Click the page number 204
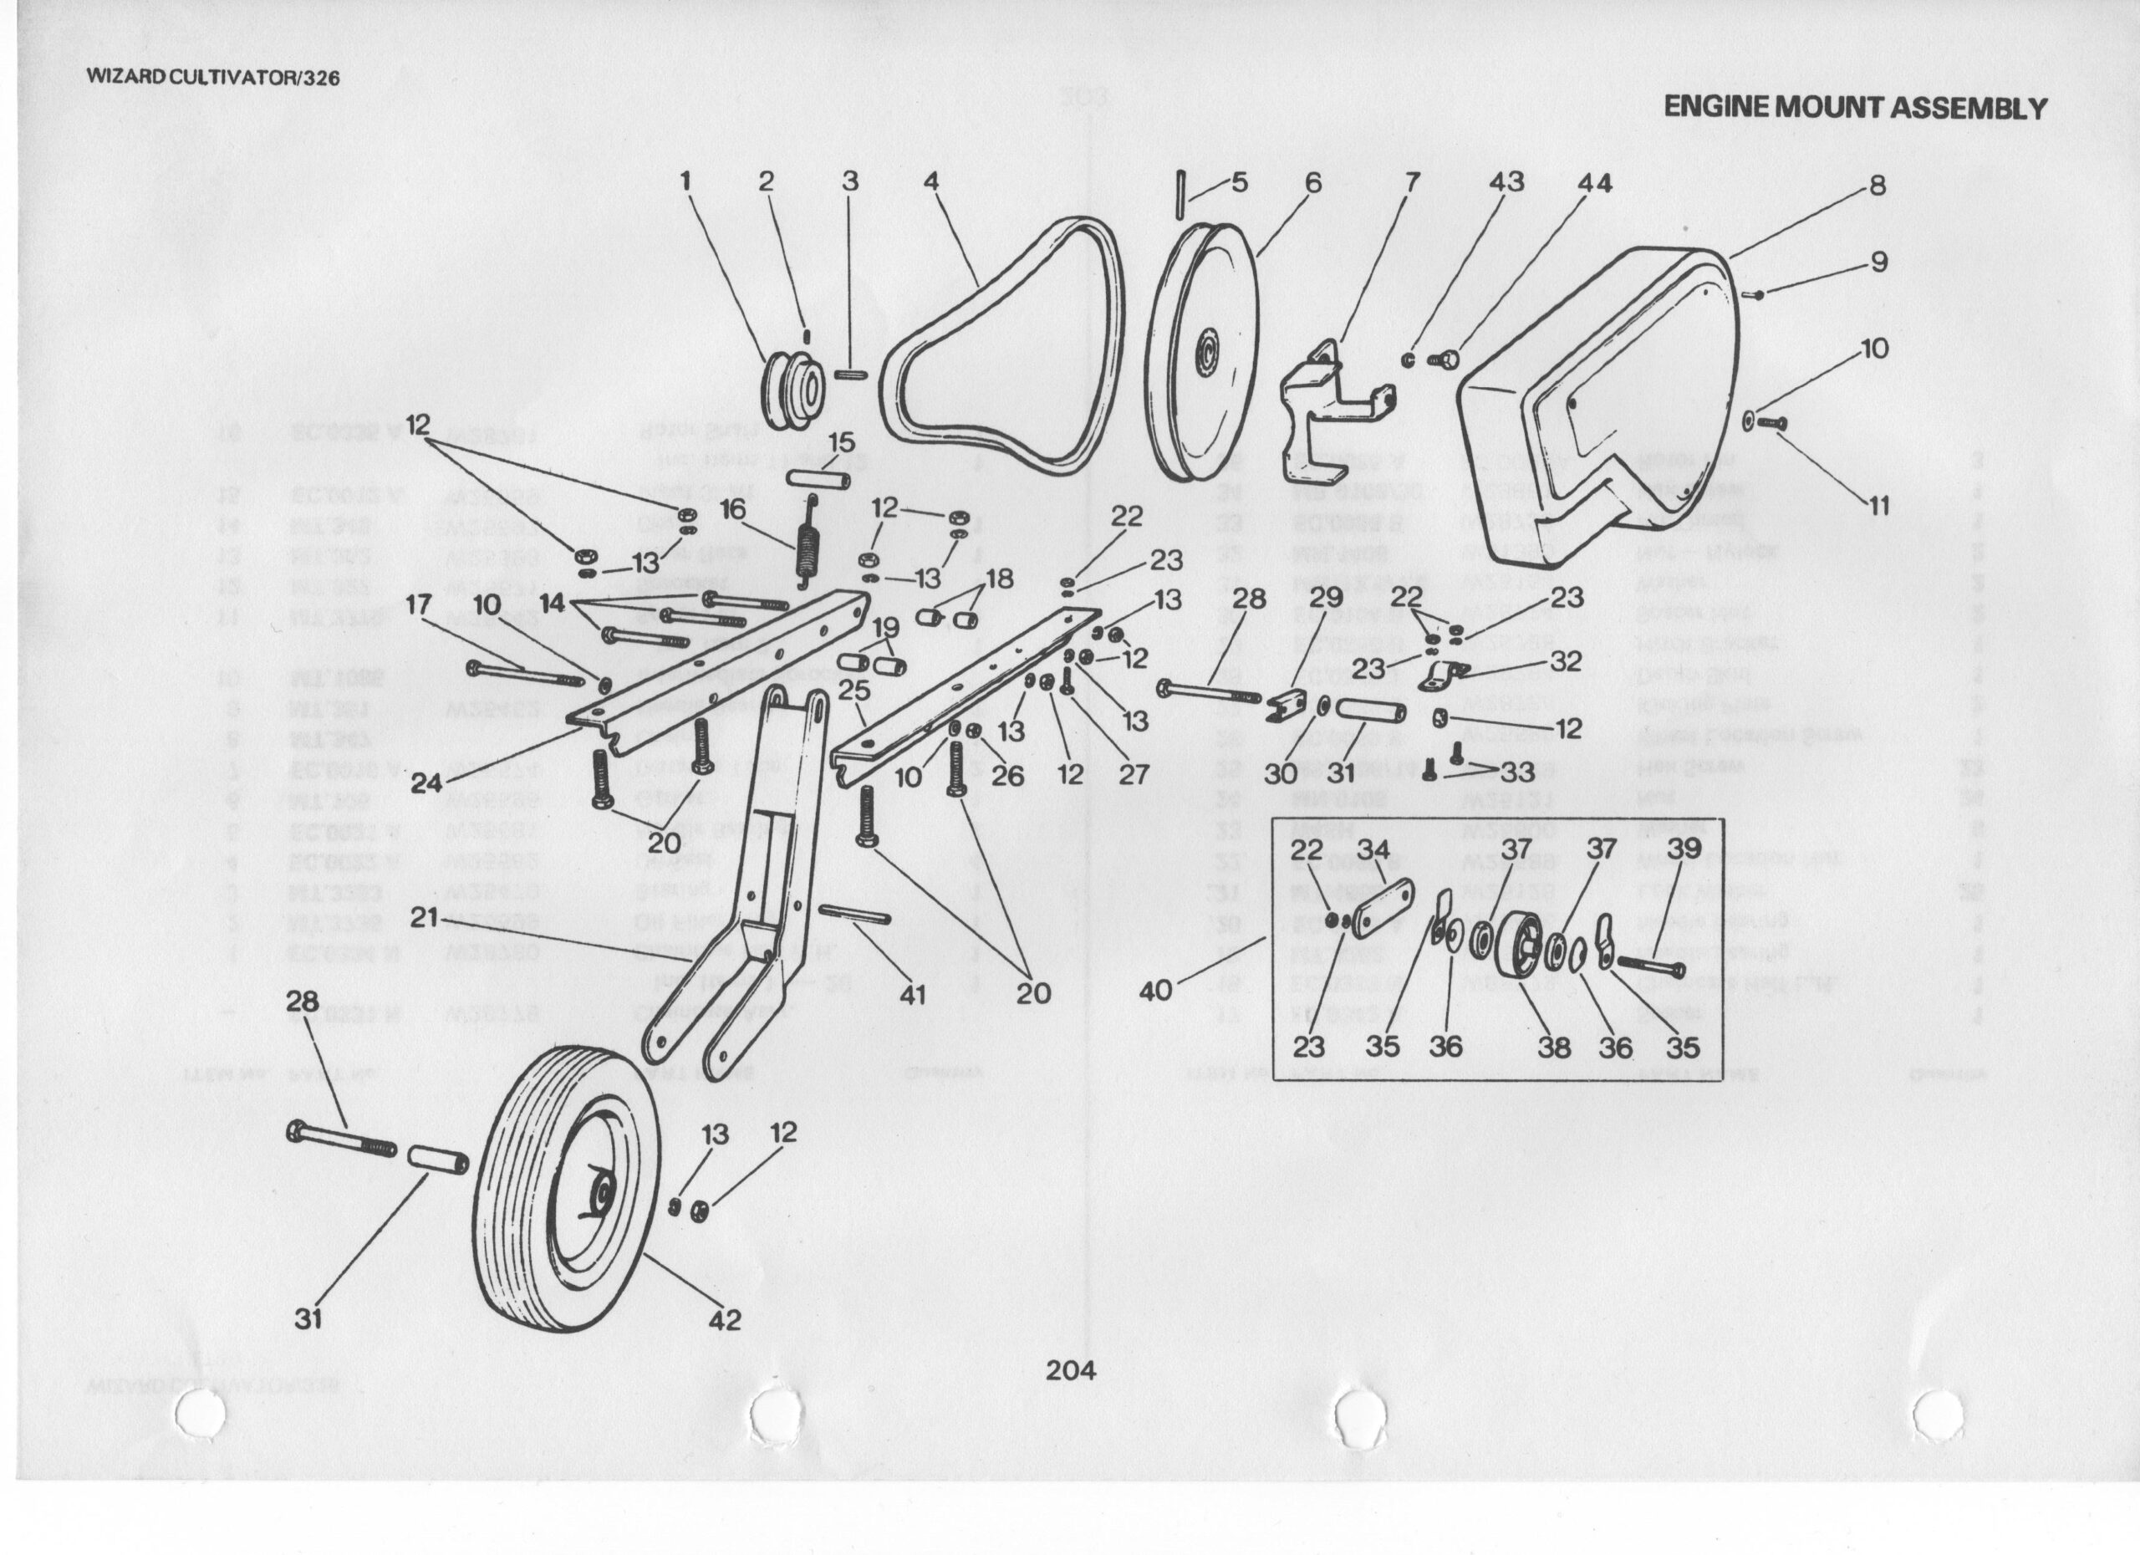[x=1071, y=1370]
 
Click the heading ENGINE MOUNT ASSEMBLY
[x=1855, y=108]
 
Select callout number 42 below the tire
[x=725, y=1320]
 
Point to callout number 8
[x=1877, y=185]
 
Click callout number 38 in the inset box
[x=1554, y=1046]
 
